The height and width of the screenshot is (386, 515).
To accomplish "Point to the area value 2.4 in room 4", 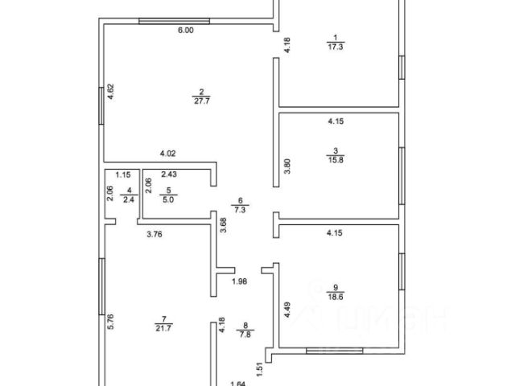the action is click(127, 201).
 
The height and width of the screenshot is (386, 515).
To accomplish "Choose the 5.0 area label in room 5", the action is click(168, 201).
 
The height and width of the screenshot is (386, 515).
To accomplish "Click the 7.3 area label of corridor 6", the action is click(239, 208).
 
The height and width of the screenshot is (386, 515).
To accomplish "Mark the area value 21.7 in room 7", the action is click(167, 328).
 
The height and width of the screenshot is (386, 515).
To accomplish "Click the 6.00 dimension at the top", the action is click(185, 31).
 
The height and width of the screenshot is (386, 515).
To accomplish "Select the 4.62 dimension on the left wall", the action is click(111, 92).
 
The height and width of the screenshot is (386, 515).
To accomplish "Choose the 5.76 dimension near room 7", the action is click(111, 323).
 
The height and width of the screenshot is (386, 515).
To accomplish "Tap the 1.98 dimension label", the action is click(239, 281).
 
